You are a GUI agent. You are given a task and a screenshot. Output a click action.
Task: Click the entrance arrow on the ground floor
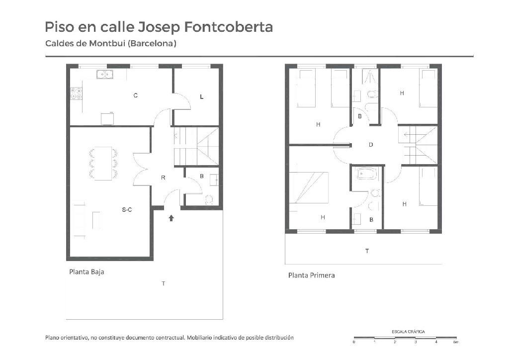coord(171,218)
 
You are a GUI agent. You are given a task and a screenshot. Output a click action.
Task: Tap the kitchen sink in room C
coord(104,75)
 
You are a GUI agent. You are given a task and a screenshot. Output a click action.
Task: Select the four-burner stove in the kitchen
coord(76,93)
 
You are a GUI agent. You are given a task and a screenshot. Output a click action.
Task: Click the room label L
coord(202,97)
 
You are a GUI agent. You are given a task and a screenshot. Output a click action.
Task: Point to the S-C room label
coord(127,210)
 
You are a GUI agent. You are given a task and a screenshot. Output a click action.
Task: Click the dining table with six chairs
coord(103,163)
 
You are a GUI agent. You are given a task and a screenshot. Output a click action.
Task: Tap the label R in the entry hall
coord(163,178)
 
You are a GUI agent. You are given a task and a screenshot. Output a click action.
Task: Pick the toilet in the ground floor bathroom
coord(209,199)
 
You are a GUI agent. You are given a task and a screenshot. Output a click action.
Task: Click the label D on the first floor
coord(371,145)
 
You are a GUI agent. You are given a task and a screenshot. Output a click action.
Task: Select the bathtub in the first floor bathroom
coord(367,174)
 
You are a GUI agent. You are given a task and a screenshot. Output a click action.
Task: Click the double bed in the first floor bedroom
coord(309,187)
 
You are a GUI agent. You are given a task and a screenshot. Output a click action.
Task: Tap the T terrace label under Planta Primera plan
coord(367,251)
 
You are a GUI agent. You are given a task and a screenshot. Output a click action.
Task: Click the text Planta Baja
coord(86,271)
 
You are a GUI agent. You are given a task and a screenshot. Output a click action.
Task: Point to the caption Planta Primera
coord(312,275)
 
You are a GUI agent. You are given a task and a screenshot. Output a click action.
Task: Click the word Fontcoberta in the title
coord(229,27)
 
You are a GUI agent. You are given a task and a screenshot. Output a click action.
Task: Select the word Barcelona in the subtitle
coord(152,43)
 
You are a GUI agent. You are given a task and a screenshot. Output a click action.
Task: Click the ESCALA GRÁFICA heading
coord(408,332)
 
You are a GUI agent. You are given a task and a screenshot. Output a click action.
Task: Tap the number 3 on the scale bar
coord(416,342)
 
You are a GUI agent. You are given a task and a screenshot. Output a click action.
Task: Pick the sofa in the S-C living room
coord(80,220)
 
